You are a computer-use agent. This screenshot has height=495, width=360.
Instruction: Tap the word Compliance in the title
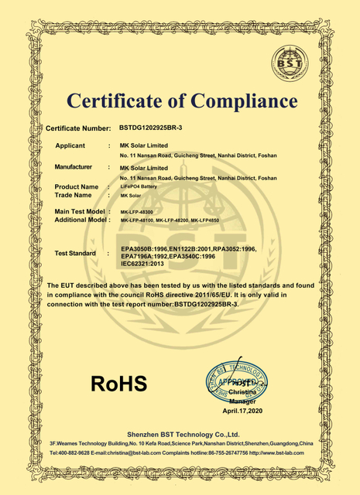click(244, 101)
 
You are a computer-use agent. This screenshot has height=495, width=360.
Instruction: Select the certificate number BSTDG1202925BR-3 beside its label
click(152, 126)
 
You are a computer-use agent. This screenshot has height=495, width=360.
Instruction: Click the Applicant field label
click(75, 145)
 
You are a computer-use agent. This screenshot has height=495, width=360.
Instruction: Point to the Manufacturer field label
click(74, 167)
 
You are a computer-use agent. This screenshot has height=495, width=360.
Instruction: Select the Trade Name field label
click(75, 195)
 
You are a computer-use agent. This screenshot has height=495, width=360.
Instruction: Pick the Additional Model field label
click(78, 220)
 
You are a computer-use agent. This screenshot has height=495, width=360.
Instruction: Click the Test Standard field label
click(75, 254)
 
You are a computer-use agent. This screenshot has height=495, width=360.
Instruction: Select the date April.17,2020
click(242, 410)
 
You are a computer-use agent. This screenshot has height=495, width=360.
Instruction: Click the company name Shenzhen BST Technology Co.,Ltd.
click(180, 435)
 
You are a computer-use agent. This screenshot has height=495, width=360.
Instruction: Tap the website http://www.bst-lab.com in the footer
click(282, 452)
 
